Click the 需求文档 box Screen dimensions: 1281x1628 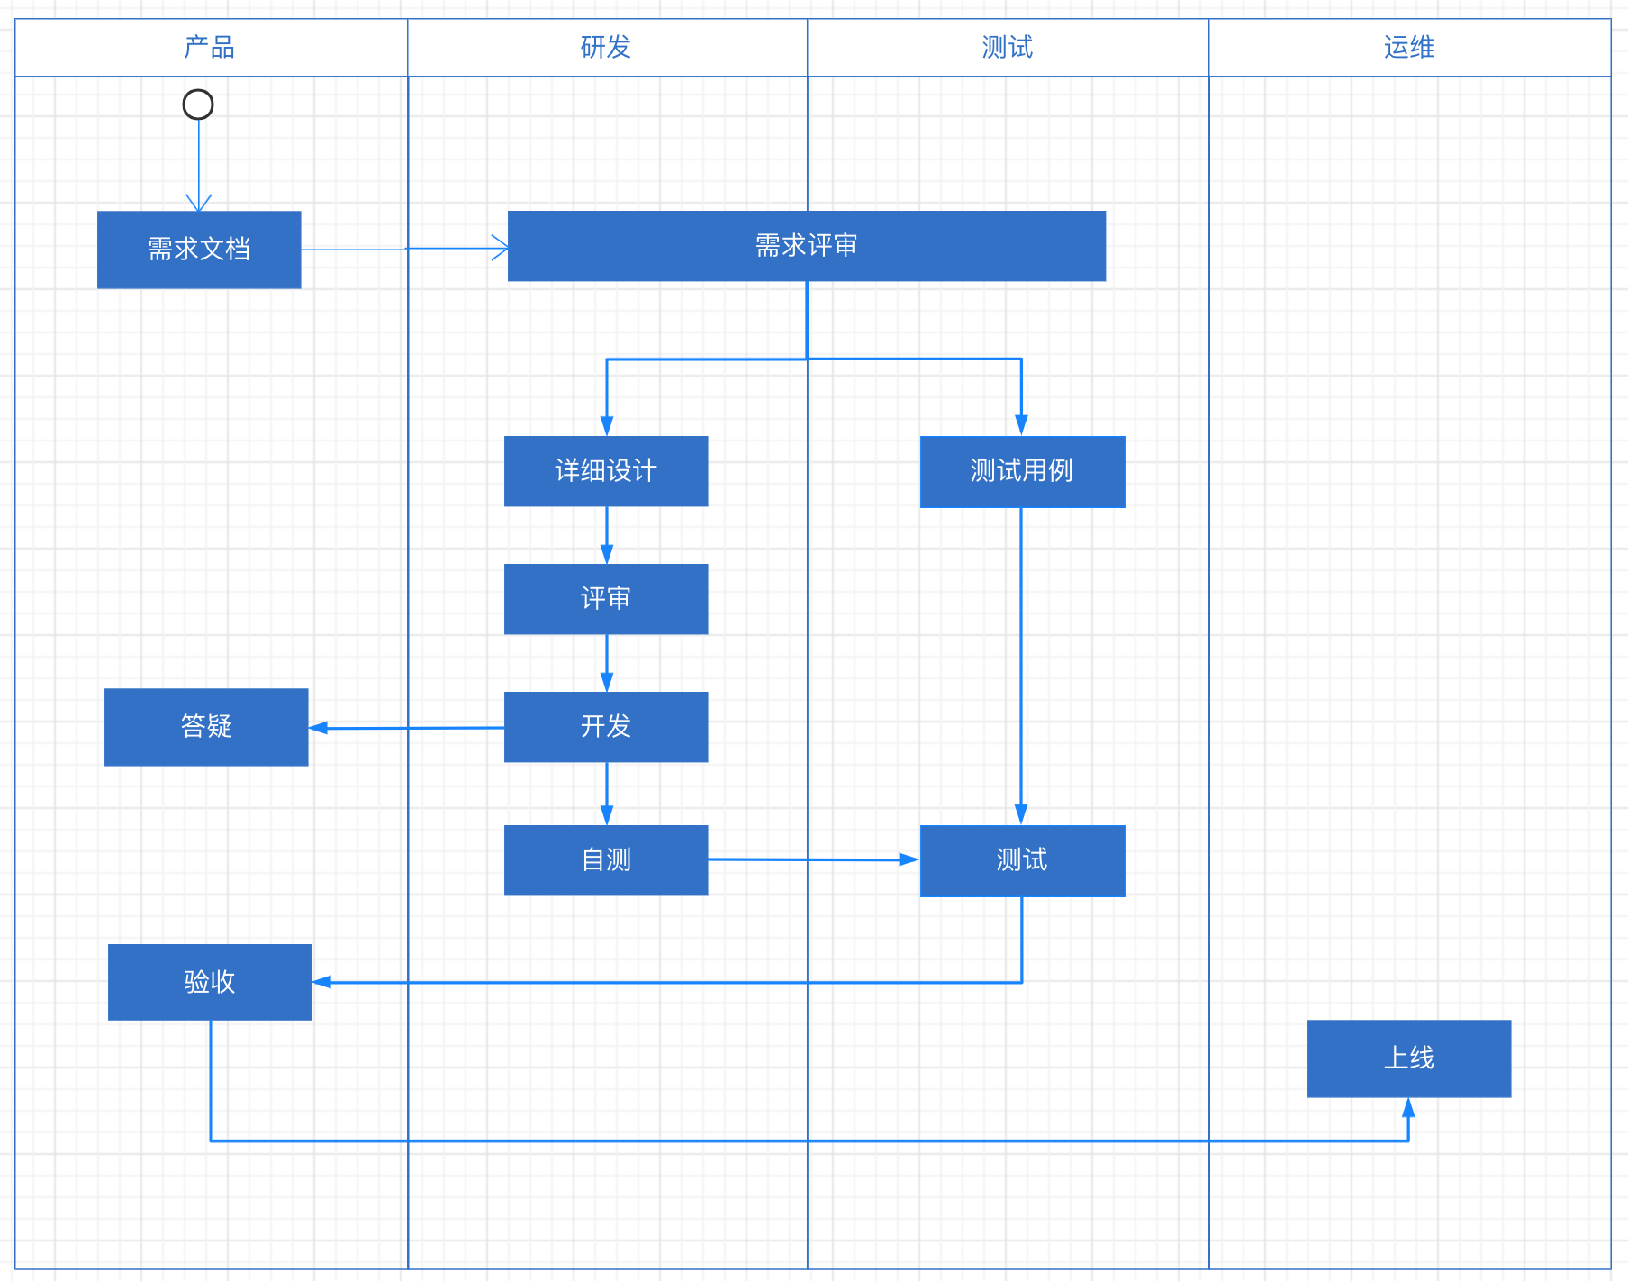pyautogui.click(x=199, y=250)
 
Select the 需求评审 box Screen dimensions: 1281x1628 pyautogui.click(x=806, y=246)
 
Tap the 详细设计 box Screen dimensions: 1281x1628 pyautogui.click(x=606, y=471)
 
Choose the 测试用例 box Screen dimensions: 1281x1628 pyautogui.click(x=1022, y=471)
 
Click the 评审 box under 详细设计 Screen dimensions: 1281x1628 pyautogui.click(x=606, y=599)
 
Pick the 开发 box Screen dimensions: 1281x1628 pyautogui.click(x=606, y=727)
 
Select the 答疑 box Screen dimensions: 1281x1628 pyautogui.click(x=206, y=727)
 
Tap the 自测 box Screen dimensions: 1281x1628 pyautogui.click(x=606, y=860)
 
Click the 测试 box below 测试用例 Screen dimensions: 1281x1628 pyautogui.click(x=1022, y=860)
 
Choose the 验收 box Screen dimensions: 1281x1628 pyautogui.click(x=210, y=982)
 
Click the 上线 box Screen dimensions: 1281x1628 pyautogui.click(x=1408, y=1058)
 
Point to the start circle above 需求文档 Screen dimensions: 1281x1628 pyautogui.click(x=198, y=104)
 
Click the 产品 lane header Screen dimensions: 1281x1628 pyautogui.click(x=211, y=47)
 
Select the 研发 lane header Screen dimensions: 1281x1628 pyautogui.click(x=607, y=47)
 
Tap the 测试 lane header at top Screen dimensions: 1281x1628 pyautogui.click(x=1008, y=47)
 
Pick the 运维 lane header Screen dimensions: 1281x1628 pyautogui.click(x=1409, y=47)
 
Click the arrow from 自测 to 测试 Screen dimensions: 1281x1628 pyautogui.click(x=810, y=859)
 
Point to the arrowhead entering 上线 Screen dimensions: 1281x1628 pyautogui.click(x=1408, y=1107)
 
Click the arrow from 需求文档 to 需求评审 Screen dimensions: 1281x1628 pyautogui.click(x=405, y=249)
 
